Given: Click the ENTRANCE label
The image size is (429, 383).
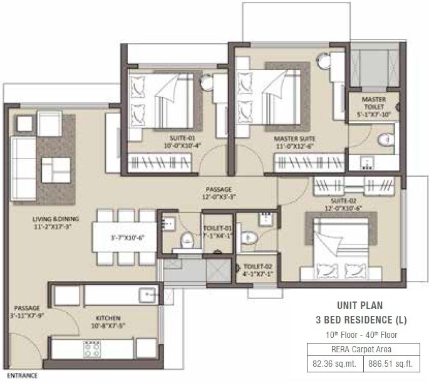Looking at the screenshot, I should (19, 375).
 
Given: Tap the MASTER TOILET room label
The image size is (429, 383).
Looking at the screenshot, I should (374, 104).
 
